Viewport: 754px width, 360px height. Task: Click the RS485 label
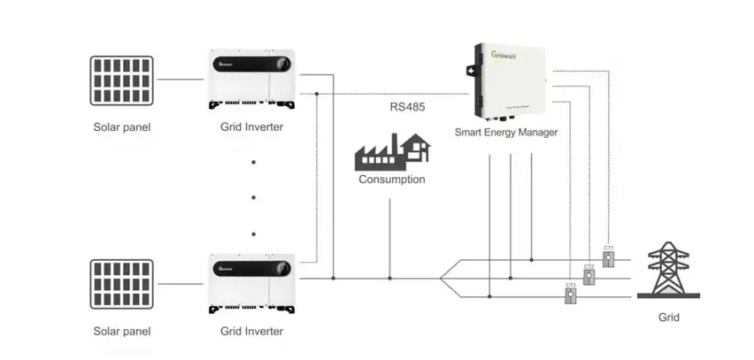pos(407,108)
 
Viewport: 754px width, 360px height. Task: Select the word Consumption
pos(391,180)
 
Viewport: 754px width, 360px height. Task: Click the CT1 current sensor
pos(608,257)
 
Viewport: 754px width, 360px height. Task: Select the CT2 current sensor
pos(589,275)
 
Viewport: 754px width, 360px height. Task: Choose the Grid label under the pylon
pos(668,316)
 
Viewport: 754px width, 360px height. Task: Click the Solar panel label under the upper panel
pos(122,127)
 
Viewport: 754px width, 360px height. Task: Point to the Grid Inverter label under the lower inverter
pos(252,332)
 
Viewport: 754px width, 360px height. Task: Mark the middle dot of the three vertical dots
pos(253,197)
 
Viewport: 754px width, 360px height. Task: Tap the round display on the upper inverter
pos(282,65)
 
